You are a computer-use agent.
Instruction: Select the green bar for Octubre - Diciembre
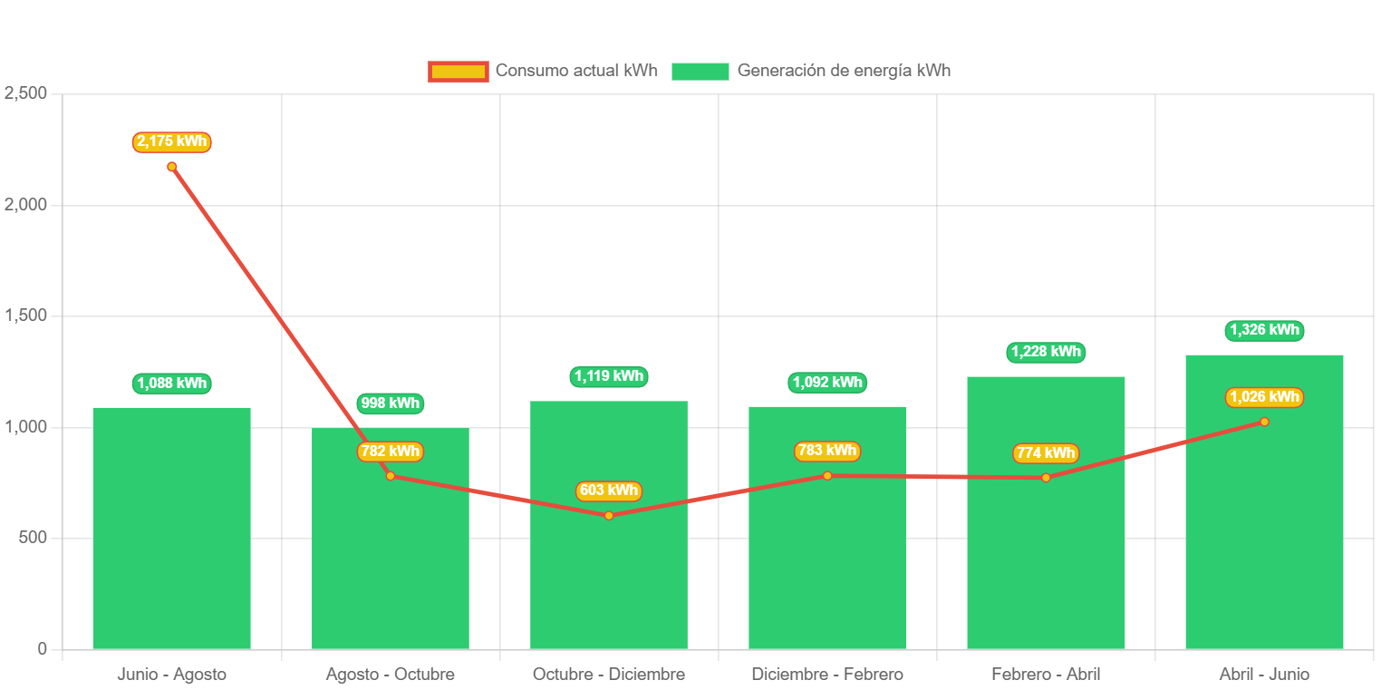coord(609,580)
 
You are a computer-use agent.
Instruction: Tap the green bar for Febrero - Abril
coord(1046,562)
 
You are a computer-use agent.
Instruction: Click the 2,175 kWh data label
coord(172,141)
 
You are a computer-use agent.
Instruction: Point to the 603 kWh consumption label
coord(609,491)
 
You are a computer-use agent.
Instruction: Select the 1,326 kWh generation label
coord(1264,330)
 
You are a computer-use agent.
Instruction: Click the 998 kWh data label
coord(390,403)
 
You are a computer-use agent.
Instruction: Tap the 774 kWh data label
coord(1046,452)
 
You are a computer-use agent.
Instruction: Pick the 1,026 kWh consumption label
coord(1264,397)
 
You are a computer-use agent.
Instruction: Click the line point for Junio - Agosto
coord(172,167)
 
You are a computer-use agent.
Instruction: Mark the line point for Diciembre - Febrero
coord(827,475)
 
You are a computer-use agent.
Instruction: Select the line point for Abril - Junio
coord(1264,422)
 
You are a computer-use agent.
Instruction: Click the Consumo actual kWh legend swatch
coord(459,71)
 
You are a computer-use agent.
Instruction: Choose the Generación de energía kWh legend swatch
coord(700,71)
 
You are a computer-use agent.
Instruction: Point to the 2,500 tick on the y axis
coord(25,93)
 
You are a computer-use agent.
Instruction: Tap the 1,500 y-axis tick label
coord(25,316)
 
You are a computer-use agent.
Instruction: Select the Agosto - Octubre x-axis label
coord(391,675)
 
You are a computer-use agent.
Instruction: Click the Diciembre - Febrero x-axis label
coord(827,675)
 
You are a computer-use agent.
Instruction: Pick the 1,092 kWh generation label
coord(827,383)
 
